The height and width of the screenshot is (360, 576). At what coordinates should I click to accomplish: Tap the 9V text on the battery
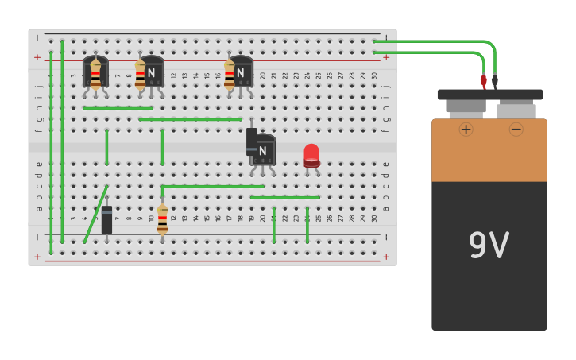pyautogui.click(x=489, y=246)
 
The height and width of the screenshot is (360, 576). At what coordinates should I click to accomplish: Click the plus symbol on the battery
pyautogui.click(x=466, y=129)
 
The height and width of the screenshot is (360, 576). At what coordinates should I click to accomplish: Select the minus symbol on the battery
pyautogui.click(x=516, y=129)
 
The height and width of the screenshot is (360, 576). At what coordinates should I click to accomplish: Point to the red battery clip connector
pyautogui.click(x=483, y=80)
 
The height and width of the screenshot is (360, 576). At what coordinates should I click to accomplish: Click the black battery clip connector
pyautogui.click(x=494, y=80)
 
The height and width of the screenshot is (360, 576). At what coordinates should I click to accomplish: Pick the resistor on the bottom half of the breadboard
pyautogui.click(x=162, y=219)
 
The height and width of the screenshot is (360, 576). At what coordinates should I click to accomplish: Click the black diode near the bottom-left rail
pyautogui.click(x=106, y=219)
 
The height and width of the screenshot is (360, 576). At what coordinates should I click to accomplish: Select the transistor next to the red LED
pyautogui.click(x=263, y=150)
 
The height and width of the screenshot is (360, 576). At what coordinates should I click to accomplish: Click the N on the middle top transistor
pyautogui.click(x=151, y=72)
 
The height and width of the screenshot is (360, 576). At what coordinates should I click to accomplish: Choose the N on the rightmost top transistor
pyautogui.click(x=240, y=72)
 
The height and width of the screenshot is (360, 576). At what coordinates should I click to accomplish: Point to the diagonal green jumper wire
pyautogui.click(x=96, y=213)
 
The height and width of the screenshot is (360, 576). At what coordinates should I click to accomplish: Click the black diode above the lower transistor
pyautogui.click(x=251, y=140)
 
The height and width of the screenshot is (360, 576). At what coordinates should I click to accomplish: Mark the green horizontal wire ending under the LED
pyautogui.click(x=284, y=197)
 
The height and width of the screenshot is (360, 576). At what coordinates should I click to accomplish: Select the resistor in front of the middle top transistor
pyautogui.click(x=140, y=75)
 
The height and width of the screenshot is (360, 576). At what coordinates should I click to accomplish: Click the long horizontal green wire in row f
pyautogui.click(x=191, y=119)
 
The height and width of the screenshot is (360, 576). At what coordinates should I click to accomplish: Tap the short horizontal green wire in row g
pyautogui.click(x=118, y=108)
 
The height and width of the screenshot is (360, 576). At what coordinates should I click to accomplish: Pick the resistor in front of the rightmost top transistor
pyautogui.click(x=229, y=75)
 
